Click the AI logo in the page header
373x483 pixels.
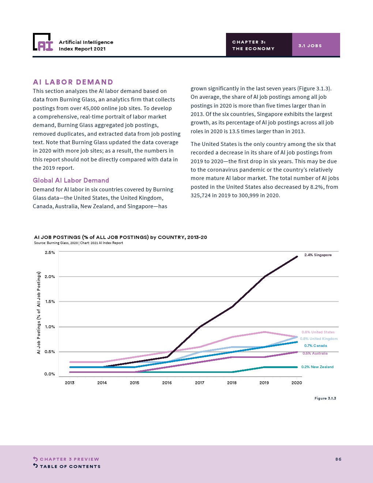[x=43, y=42]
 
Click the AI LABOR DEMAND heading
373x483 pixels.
[x=73, y=82]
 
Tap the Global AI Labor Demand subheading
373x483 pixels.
[x=71, y=180]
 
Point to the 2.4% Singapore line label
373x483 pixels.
[x=318, y=255]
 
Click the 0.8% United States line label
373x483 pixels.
[x=318, y=332]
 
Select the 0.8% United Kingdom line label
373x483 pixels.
[x=319, y=339]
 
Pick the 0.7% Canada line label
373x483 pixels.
[x=315, y=346]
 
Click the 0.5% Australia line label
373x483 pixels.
[x=315, y=353]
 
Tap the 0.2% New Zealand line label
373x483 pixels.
[x=317, y=367]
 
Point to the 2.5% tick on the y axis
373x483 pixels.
[x=50, y=252]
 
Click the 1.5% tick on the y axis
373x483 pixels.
[x=50, y=302]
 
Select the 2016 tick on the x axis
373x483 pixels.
[x=167, y=383]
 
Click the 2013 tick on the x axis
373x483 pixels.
[x=69, y=383]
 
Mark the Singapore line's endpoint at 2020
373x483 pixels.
[x=297, y=257]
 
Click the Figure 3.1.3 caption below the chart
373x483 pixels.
[x=325, y=398]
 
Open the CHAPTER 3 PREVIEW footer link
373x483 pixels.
[x=69, y=459]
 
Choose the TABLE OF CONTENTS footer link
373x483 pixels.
[x=70, y=467]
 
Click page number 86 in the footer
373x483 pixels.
[x=338, y=459]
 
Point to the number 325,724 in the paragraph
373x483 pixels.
[x=201, y=195]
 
